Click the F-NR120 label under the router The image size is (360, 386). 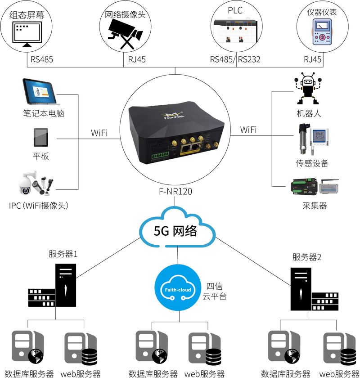pyautogui.click(x=176, y=192)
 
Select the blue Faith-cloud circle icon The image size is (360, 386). pyautogui.click(x=177, y=289)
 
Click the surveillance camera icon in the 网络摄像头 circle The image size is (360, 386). pyautogui.click(x=125, y=34)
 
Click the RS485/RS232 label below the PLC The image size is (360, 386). pyautogui.click(x=235, y=59)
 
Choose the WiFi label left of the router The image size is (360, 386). pyautogui.click(x=99, y=133)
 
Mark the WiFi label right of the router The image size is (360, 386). pyautogui.click(x=248, y=130)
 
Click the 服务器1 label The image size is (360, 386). pyautogui.click(x=63, y=254)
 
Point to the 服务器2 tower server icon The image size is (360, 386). pyautogui.click(x=300, y=289)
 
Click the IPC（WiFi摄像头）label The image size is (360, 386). pyautogui.click(x=41, y=206)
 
